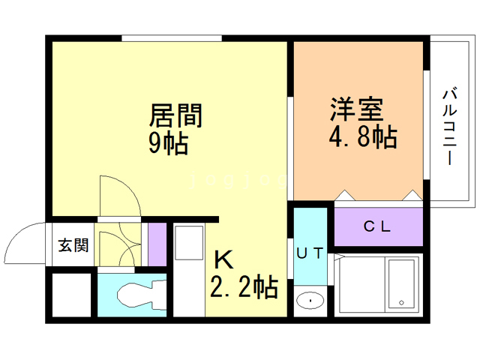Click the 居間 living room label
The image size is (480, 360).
click(x=177, y=116)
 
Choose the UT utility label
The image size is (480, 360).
click(x=309, y=253)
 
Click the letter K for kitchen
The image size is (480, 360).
click(x=223, y=259)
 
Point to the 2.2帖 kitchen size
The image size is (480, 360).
click(x=244, y=286)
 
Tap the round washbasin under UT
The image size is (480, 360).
click(x=309, y=301)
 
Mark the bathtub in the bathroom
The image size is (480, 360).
click(x=400, y=286)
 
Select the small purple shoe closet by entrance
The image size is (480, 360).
click(x=157, y=244)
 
